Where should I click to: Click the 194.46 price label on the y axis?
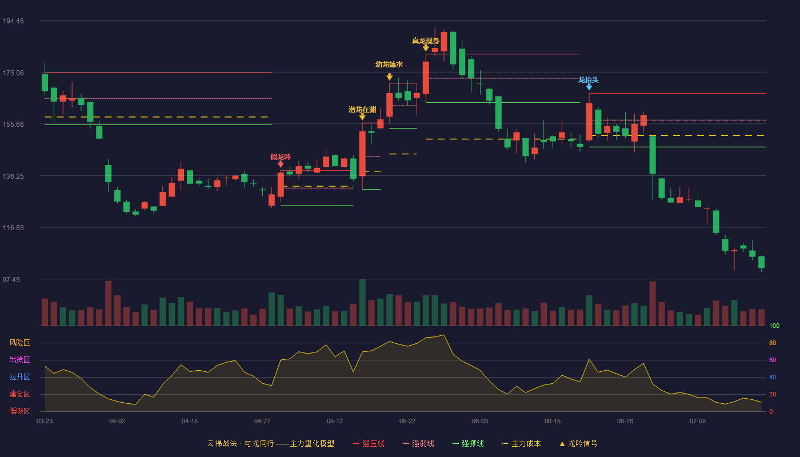[x=13, y=21]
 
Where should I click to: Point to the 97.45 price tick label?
[x=11, y=279]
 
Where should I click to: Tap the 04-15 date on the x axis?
[x=190, y=422]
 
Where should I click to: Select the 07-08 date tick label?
[x=698, y=422]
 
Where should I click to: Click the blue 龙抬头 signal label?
[x=589, y=79]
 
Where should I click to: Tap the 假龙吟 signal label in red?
[x=281, y=157]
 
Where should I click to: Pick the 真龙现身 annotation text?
[x=425, y=41]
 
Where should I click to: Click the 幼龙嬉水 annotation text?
[x=389, y=64]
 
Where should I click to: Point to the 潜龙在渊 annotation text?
[x=362, y=110]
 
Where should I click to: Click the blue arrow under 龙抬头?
[x=589, y=87]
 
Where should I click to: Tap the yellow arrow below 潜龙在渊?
[x=362, y=117]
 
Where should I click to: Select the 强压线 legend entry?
[x=369, y=443]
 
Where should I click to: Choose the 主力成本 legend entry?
[x=521, y=443]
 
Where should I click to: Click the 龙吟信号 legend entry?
[x=578, y=443]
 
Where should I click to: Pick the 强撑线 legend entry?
[x=468, y=443]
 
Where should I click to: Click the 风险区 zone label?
[x=19, y=343]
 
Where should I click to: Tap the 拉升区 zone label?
[x=19, y=376]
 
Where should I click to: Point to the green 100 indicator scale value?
[x=774, y=326]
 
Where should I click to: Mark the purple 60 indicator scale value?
[x=773, y=360]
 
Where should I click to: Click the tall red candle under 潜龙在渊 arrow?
[x=362, y=154]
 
